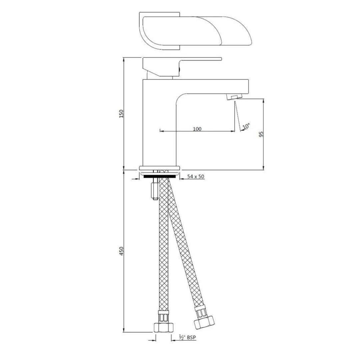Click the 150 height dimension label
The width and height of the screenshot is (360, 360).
(122, 114)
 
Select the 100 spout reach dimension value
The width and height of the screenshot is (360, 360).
(197, 129)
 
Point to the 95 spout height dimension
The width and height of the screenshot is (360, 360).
(261, 134)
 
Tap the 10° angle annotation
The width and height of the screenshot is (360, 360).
(246, 126)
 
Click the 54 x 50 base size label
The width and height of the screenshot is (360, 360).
(196, 177)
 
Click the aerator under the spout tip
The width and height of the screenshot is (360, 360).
(234, 97)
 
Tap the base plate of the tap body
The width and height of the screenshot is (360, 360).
(159, 168)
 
